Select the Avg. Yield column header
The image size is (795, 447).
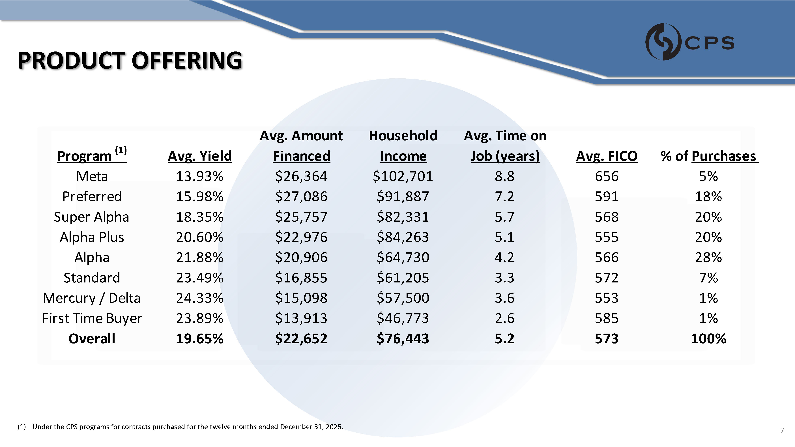pos(200,156)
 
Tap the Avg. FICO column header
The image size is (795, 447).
pos(606,156)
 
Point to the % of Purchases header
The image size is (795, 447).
pos(709,156)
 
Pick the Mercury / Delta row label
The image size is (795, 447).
pos(92,298)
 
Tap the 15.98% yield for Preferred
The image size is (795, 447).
pos(200,196)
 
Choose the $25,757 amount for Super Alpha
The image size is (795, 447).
pos(301,217)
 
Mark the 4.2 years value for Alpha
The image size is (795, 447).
pos(505,258)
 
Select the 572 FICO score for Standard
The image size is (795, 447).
pos(606,278)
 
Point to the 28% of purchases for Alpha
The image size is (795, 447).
pos(708,258)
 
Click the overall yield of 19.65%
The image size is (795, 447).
pos(200,339)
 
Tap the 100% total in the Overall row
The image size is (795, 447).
pos(708,339)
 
